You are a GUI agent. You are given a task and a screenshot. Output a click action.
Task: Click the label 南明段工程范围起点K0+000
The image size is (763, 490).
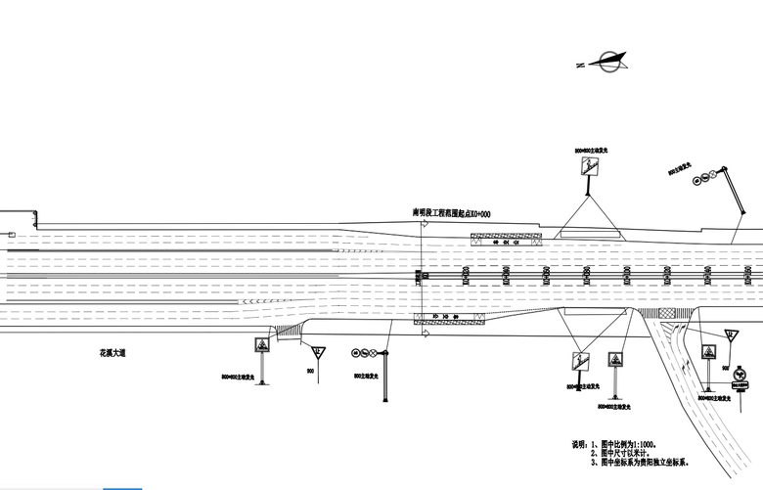pyautogui.click(x=451, y=212)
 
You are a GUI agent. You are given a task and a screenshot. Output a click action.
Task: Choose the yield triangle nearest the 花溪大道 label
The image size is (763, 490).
pyautogui.click(x=319, y=351)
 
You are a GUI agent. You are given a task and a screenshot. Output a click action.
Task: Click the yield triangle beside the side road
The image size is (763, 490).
pyautogui.click(x=730, y=335)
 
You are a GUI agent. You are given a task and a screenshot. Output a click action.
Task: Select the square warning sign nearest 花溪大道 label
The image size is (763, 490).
pyautogui.click(x=262, y=346)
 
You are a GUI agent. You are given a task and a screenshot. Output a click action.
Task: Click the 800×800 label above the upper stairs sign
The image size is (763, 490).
pyautogui.click(x=591, y=151)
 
